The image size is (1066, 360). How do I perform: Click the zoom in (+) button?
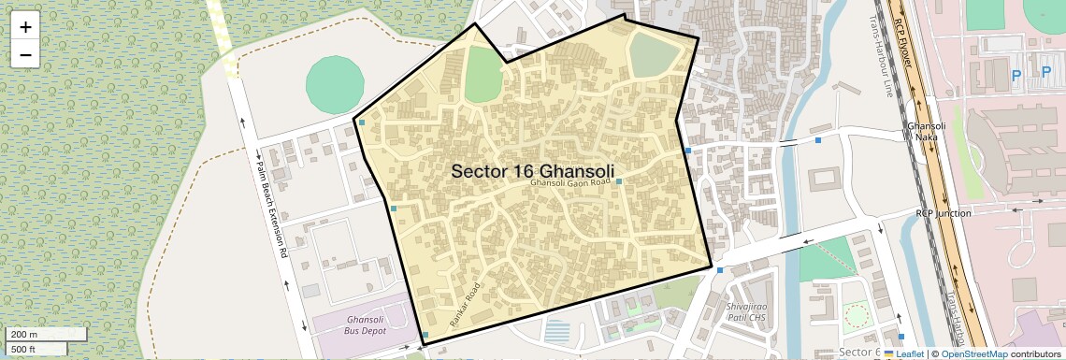[25, 27]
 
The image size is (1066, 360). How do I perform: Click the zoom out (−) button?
[25, 55]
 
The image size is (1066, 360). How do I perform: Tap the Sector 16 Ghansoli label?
[534, 171]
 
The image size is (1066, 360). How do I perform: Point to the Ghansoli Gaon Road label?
[569, 183]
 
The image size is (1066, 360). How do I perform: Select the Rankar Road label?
[465, 304]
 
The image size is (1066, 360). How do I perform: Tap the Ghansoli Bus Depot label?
[358, 325]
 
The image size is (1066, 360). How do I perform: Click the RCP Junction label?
[944, 213]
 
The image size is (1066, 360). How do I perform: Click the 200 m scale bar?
[47, 334]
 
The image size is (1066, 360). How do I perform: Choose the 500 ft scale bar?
[37, 349]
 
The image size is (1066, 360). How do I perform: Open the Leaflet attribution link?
[909, 354]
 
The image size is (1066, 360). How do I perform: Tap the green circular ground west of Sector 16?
[336, 83]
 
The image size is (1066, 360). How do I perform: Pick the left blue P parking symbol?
[1016, 71]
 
